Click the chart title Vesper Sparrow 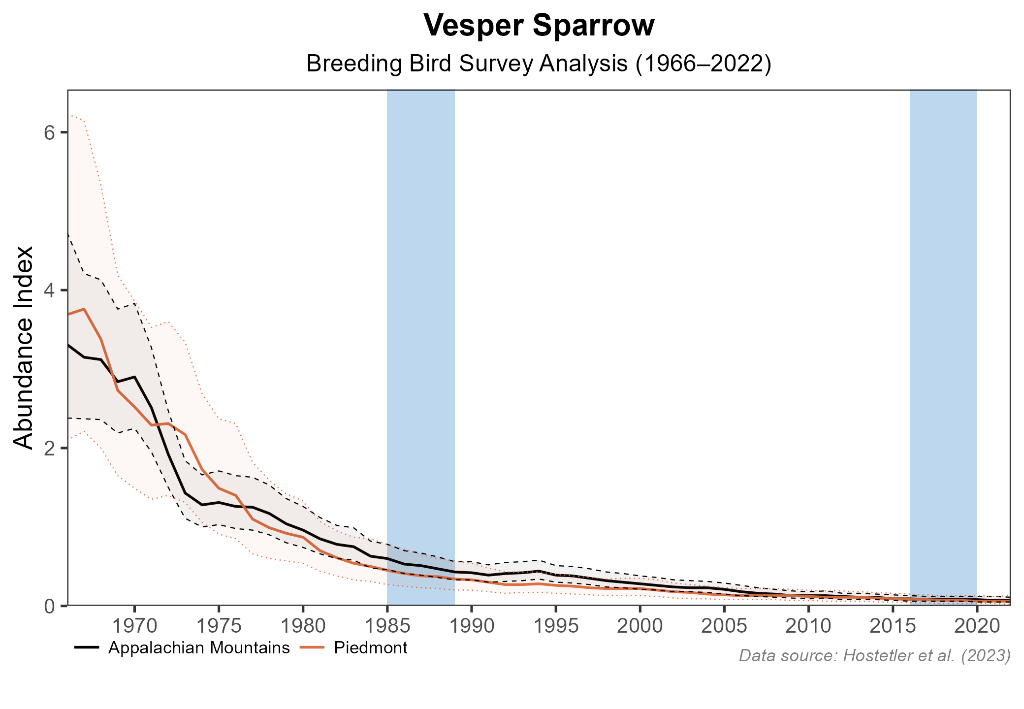(x=539, y=26)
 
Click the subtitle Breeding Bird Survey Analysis (x=539, y=64)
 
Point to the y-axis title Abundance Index (x=24, y=347)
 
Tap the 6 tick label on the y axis (x=49, y=132)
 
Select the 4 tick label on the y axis (x=49, y=290)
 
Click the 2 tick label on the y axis (x=49, y=448)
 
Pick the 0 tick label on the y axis (x=49, y=606)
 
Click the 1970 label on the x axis (x=134, y=626)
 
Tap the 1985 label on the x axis (x=387, y=626)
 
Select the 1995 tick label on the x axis (x=556, y=626)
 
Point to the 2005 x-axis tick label (x=724, y=626)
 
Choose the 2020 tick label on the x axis (x=977, y=626)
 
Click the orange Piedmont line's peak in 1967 (x=84, y=309)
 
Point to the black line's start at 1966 (x=68, y=345)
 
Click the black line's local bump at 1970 (x=134, y=377)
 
